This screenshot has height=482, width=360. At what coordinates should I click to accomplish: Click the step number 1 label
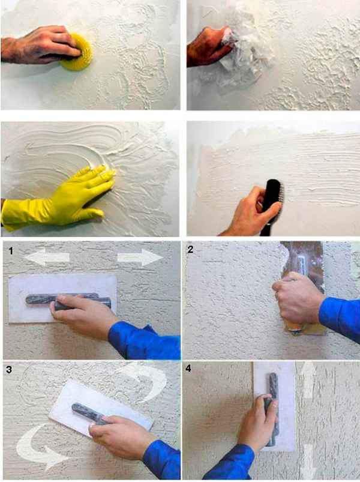pos(11,251)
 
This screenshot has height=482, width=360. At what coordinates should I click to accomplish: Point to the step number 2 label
pos(190,249)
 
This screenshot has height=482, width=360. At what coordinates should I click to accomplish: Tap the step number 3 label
pos(9,369)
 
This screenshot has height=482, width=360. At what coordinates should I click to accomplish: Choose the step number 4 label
pos(188,368)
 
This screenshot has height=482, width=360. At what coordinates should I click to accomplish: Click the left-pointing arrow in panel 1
pos(47,257)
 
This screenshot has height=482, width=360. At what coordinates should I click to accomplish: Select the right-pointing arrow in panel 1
pos(140,258)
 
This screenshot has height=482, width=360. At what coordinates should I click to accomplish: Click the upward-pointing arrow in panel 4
pos(308,380)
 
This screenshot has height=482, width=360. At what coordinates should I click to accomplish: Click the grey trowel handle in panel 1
pos(68,300)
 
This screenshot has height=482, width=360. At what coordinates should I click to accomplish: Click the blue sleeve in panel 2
pos(340,318)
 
